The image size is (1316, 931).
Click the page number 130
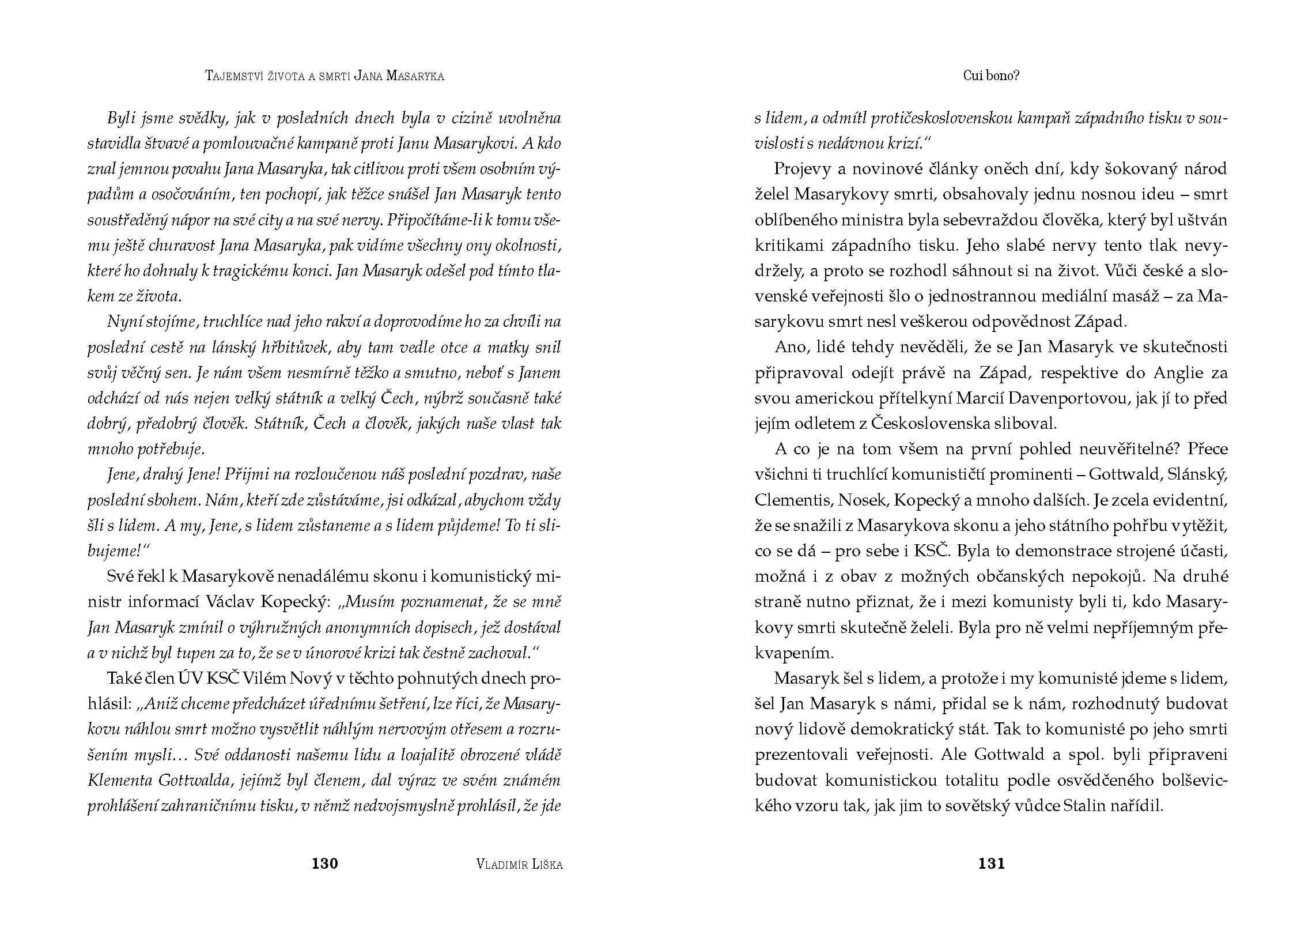coord(324,864)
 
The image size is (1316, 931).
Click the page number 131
coord(991,864)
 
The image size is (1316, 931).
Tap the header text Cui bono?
coord(991,76)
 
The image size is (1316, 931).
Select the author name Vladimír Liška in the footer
coord(520,864)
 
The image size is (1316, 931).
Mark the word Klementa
coord(118,781)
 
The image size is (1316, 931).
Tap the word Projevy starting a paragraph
coord(804,169)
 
